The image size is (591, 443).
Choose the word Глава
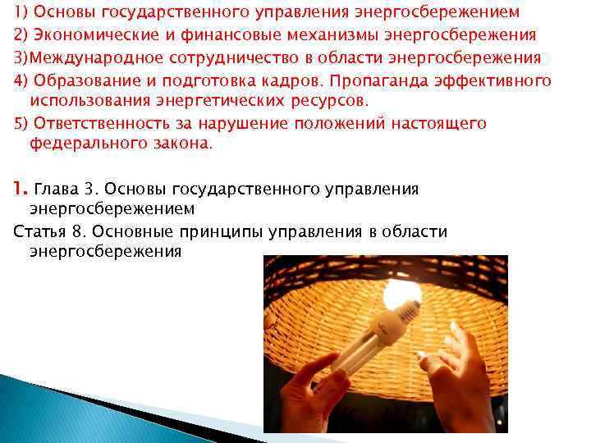coord(54,190)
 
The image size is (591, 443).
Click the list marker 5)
coord(21,124)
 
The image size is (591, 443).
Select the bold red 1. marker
coord(21,190)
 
